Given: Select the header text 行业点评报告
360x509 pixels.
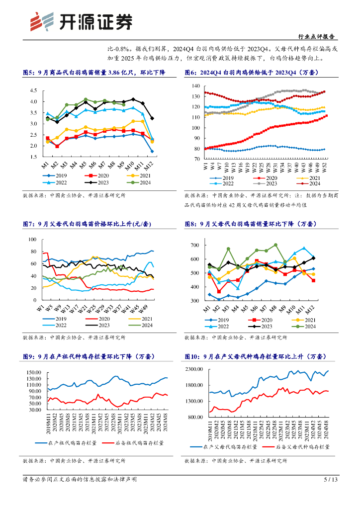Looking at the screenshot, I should [x=316, y=36].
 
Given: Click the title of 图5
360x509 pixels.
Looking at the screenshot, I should [x=93, y=73].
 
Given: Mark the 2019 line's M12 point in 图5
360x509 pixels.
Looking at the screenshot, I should [x=152, y=151].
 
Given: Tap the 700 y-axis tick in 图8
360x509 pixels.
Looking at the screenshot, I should [x=194, y=245].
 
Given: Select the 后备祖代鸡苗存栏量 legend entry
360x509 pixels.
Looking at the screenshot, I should [x=133, y=442].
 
